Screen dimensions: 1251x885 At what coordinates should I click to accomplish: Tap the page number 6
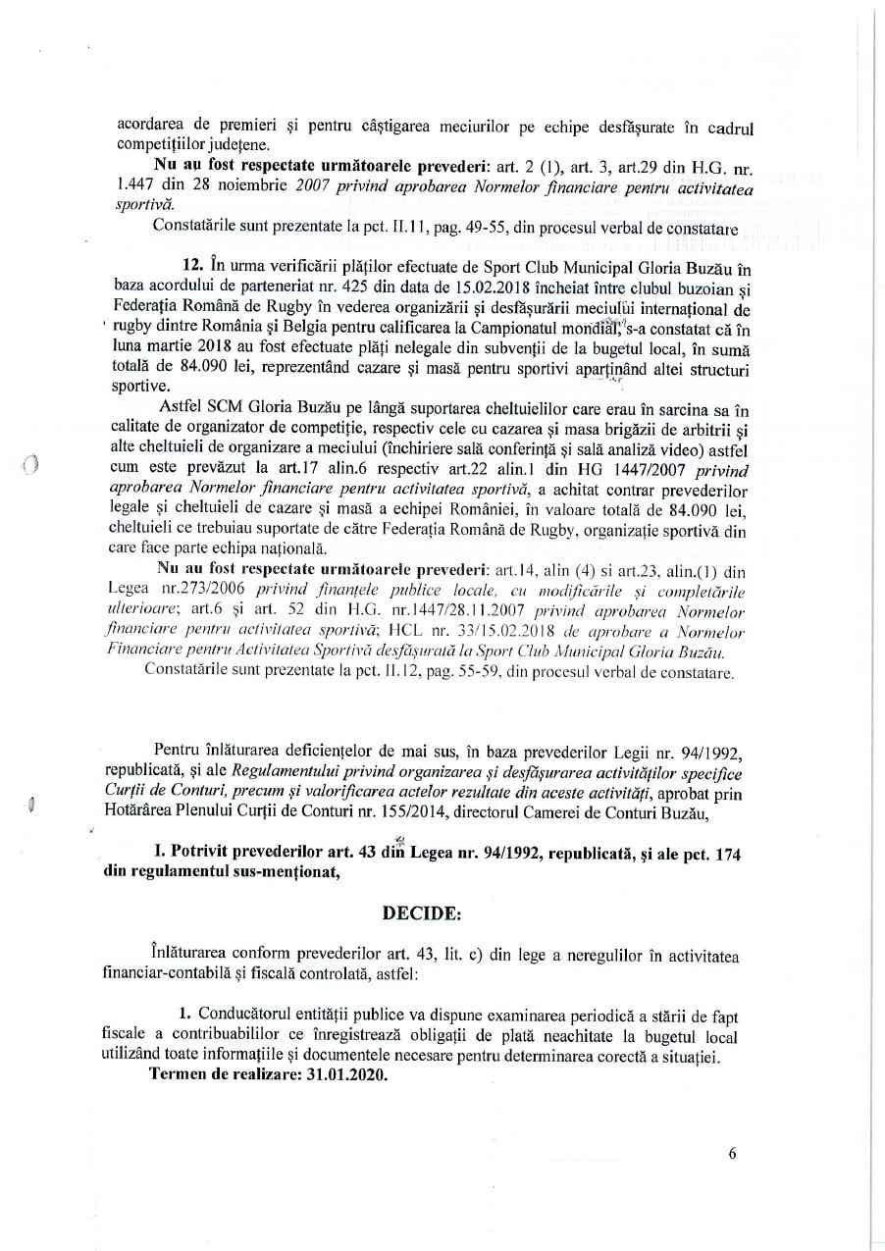pos(733,1154)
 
